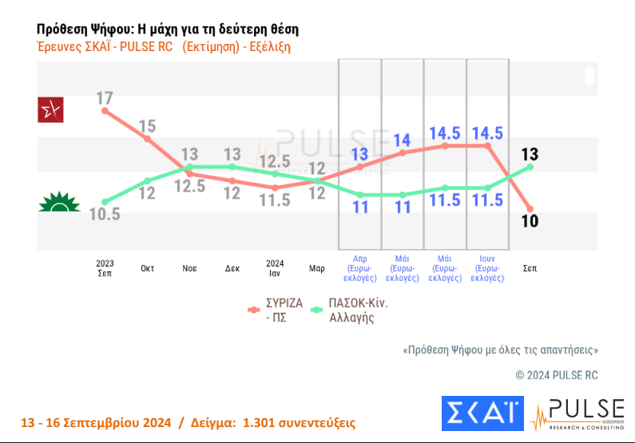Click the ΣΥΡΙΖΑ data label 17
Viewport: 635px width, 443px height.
click(105, 98)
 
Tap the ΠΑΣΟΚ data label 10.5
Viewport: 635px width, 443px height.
click(105, 214)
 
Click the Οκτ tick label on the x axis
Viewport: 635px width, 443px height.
click(147, 268)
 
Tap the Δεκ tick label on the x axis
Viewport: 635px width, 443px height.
click(232, 268)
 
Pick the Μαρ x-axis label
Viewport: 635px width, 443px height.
click(317, 268)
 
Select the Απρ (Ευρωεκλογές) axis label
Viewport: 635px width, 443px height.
click(360, 268)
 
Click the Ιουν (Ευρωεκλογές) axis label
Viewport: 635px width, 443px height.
click(487, 268)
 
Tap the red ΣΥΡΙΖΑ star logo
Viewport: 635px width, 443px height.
click(51, 110)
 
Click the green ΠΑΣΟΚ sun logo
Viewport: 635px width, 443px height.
click(58, 202)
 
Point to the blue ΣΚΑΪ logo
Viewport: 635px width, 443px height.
click(482, 413)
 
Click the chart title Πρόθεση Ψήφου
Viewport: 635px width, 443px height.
click(168, 30)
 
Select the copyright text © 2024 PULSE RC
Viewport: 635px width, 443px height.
click(556, 374)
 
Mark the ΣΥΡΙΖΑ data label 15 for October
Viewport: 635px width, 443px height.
click(147, 125)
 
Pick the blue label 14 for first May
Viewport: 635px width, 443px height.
click(402, 140)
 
